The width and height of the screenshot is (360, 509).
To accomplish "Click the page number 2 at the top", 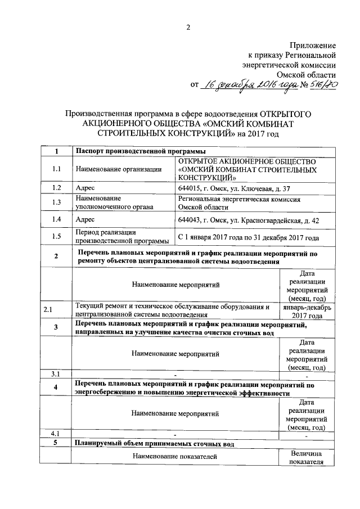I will [188, 28].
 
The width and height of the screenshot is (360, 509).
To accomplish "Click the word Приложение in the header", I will [313, 44].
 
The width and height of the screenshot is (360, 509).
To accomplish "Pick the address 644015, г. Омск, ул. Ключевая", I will [234, 187].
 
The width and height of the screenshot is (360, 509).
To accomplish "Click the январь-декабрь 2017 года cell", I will [307, 312].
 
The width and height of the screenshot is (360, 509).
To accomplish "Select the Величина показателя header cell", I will [307, 457].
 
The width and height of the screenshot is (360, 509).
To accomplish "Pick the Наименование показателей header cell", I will [175, 457].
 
